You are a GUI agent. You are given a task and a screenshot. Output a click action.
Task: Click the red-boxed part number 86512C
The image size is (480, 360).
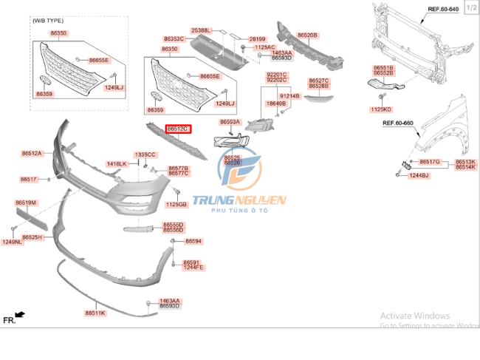[x=178, y=129]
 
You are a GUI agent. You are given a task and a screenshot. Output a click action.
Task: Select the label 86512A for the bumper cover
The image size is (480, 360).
[x=31, y=154]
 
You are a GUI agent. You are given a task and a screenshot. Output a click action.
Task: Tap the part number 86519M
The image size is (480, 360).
[x=26, y=203]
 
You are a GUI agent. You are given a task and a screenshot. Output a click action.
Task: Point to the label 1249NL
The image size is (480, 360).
[x=11, y=242]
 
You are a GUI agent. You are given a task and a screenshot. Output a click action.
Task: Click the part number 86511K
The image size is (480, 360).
[x=95, y=313]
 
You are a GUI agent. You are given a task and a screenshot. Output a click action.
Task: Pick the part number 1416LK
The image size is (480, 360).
[x=117, y=163]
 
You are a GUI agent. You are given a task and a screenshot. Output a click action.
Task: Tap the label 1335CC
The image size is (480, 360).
[x=145, y=154]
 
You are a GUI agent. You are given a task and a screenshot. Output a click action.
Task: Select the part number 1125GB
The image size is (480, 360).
[x=176, y=204]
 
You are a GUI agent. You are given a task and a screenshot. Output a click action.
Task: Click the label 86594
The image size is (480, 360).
[x=193, y=241]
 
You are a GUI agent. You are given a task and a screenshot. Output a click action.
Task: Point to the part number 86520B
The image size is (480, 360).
[x=307, y=35]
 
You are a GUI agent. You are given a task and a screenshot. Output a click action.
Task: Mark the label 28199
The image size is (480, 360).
[x=256, y=38]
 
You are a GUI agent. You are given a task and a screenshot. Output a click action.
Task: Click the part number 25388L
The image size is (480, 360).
[x=201, y=30]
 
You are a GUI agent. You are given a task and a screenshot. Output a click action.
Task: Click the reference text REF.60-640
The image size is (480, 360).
[x=443, y=9]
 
